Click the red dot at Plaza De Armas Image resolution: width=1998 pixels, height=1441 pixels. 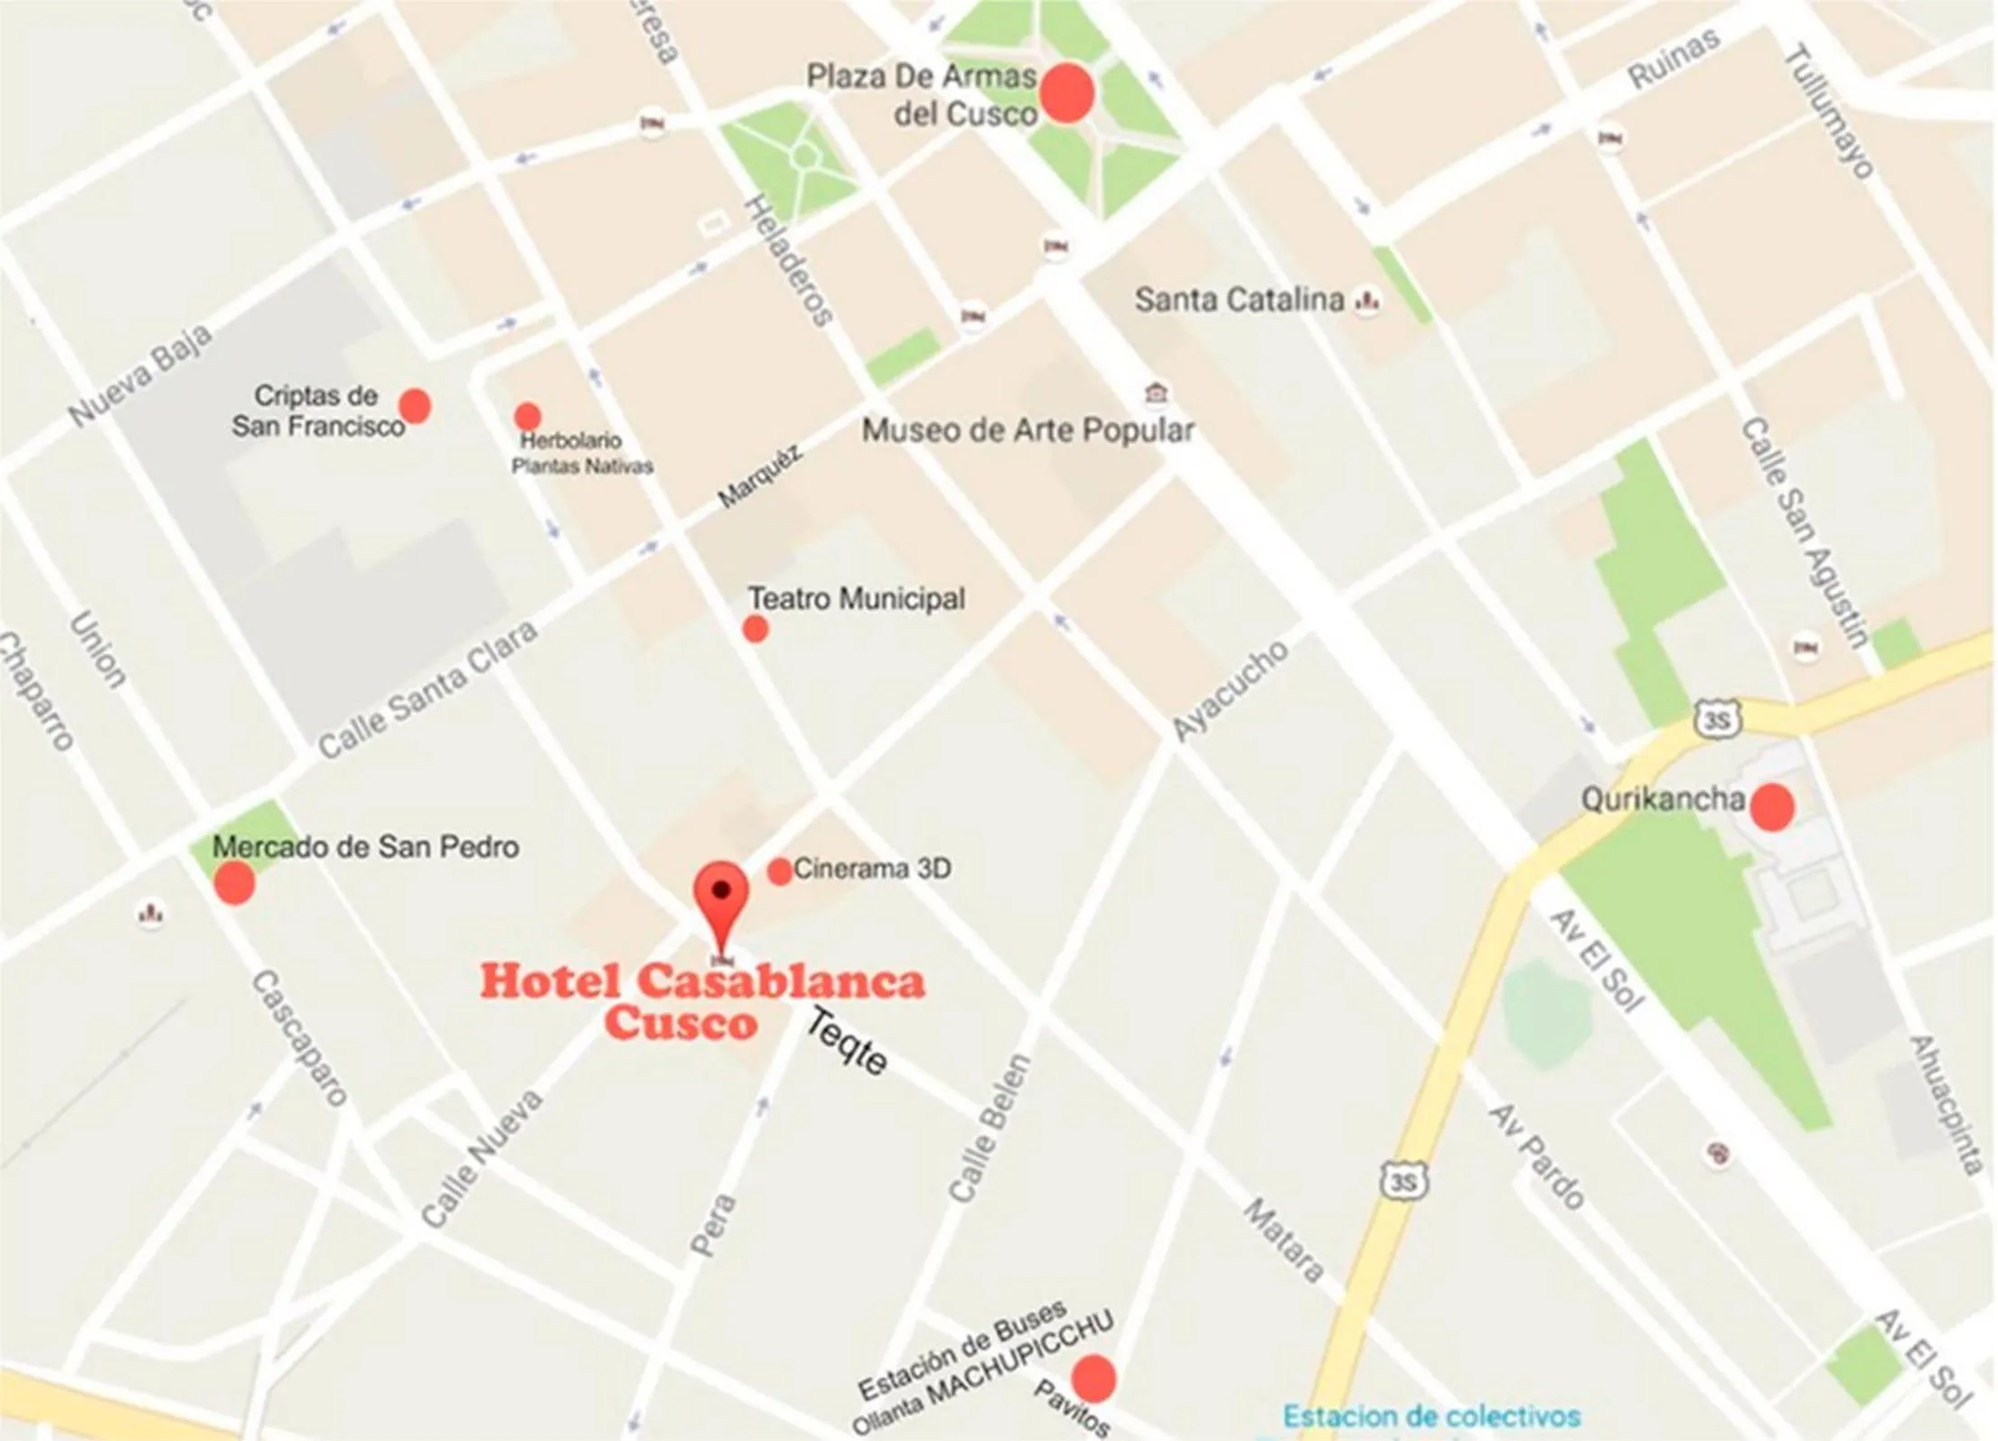tap(1066, 93)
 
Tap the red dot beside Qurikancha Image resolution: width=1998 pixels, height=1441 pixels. tap(1772, 807)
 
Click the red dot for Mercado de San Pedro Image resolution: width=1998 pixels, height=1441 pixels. tap(234, 882)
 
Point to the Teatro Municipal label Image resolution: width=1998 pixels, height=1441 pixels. tap(856, 599)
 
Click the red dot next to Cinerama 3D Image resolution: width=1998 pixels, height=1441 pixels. tap(779, 871)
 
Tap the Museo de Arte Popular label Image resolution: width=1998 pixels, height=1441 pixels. tap(1027, 431)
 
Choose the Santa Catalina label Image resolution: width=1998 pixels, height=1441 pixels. tap(1239, 300)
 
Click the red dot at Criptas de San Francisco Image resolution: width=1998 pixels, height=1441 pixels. tap(415, 406)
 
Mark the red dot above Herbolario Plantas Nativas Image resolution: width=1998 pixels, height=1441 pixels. tap(528, 416)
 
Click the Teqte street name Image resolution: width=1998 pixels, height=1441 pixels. tap(846, 1043)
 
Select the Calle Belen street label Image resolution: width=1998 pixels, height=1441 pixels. tap(990, 1128)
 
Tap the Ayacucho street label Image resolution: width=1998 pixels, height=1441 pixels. tap(1230, 690)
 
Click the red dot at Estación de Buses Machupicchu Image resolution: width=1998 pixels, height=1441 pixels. tap(1093, 1379)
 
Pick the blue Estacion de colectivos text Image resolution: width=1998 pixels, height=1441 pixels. tap(1431, 1415)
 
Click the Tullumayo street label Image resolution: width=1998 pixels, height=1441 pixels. tap(1828, 110)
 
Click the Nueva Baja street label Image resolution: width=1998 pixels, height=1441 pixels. tap(141, 375)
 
